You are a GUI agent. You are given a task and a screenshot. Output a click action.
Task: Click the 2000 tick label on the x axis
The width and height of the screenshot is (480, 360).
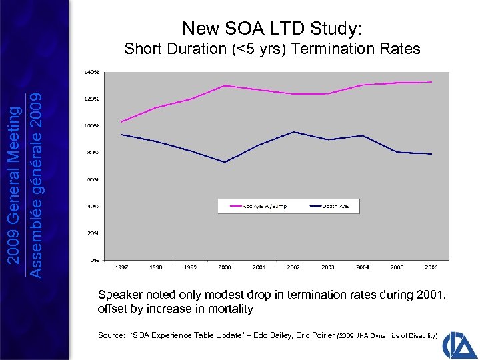(x=225, y=267)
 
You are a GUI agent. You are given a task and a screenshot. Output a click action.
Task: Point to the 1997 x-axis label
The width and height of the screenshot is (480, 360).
(x=121, y=267)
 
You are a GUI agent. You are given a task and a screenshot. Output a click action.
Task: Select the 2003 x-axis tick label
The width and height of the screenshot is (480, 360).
(x=328, y=267)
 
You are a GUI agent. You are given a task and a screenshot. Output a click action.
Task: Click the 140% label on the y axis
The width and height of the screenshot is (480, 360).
(x=92, y=72)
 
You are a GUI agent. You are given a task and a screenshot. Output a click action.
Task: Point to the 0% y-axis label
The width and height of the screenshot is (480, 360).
(x=95, y=259)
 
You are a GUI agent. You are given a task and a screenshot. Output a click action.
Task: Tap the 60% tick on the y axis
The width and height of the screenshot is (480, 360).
(x=93, y=179)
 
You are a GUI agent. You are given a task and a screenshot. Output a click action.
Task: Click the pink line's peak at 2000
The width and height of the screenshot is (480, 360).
(x=225, y=85)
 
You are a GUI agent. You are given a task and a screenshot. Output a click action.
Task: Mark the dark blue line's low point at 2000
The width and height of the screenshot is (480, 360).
(x=225, y=162)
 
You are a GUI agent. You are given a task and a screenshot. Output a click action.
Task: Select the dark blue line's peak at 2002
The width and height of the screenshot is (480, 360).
(x=294, y=131)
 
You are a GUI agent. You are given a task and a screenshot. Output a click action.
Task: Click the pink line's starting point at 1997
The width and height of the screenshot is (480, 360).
(x=121, y=121)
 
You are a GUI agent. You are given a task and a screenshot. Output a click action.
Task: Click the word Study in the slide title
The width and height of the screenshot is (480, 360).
(x=337, y=29)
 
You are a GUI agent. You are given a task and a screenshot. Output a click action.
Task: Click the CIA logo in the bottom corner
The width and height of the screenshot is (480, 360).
(x=458, y=339)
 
